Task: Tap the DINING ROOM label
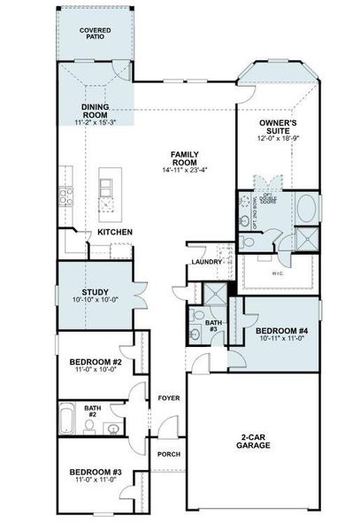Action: [x=96, y=110]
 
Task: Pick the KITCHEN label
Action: [x=115, y=232]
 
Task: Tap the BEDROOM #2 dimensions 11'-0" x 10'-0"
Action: [x=96, y=371]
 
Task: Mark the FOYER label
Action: [x=168, y=399]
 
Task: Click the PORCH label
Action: [x=168, y=454]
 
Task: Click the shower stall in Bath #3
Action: [x=214, y=296]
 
